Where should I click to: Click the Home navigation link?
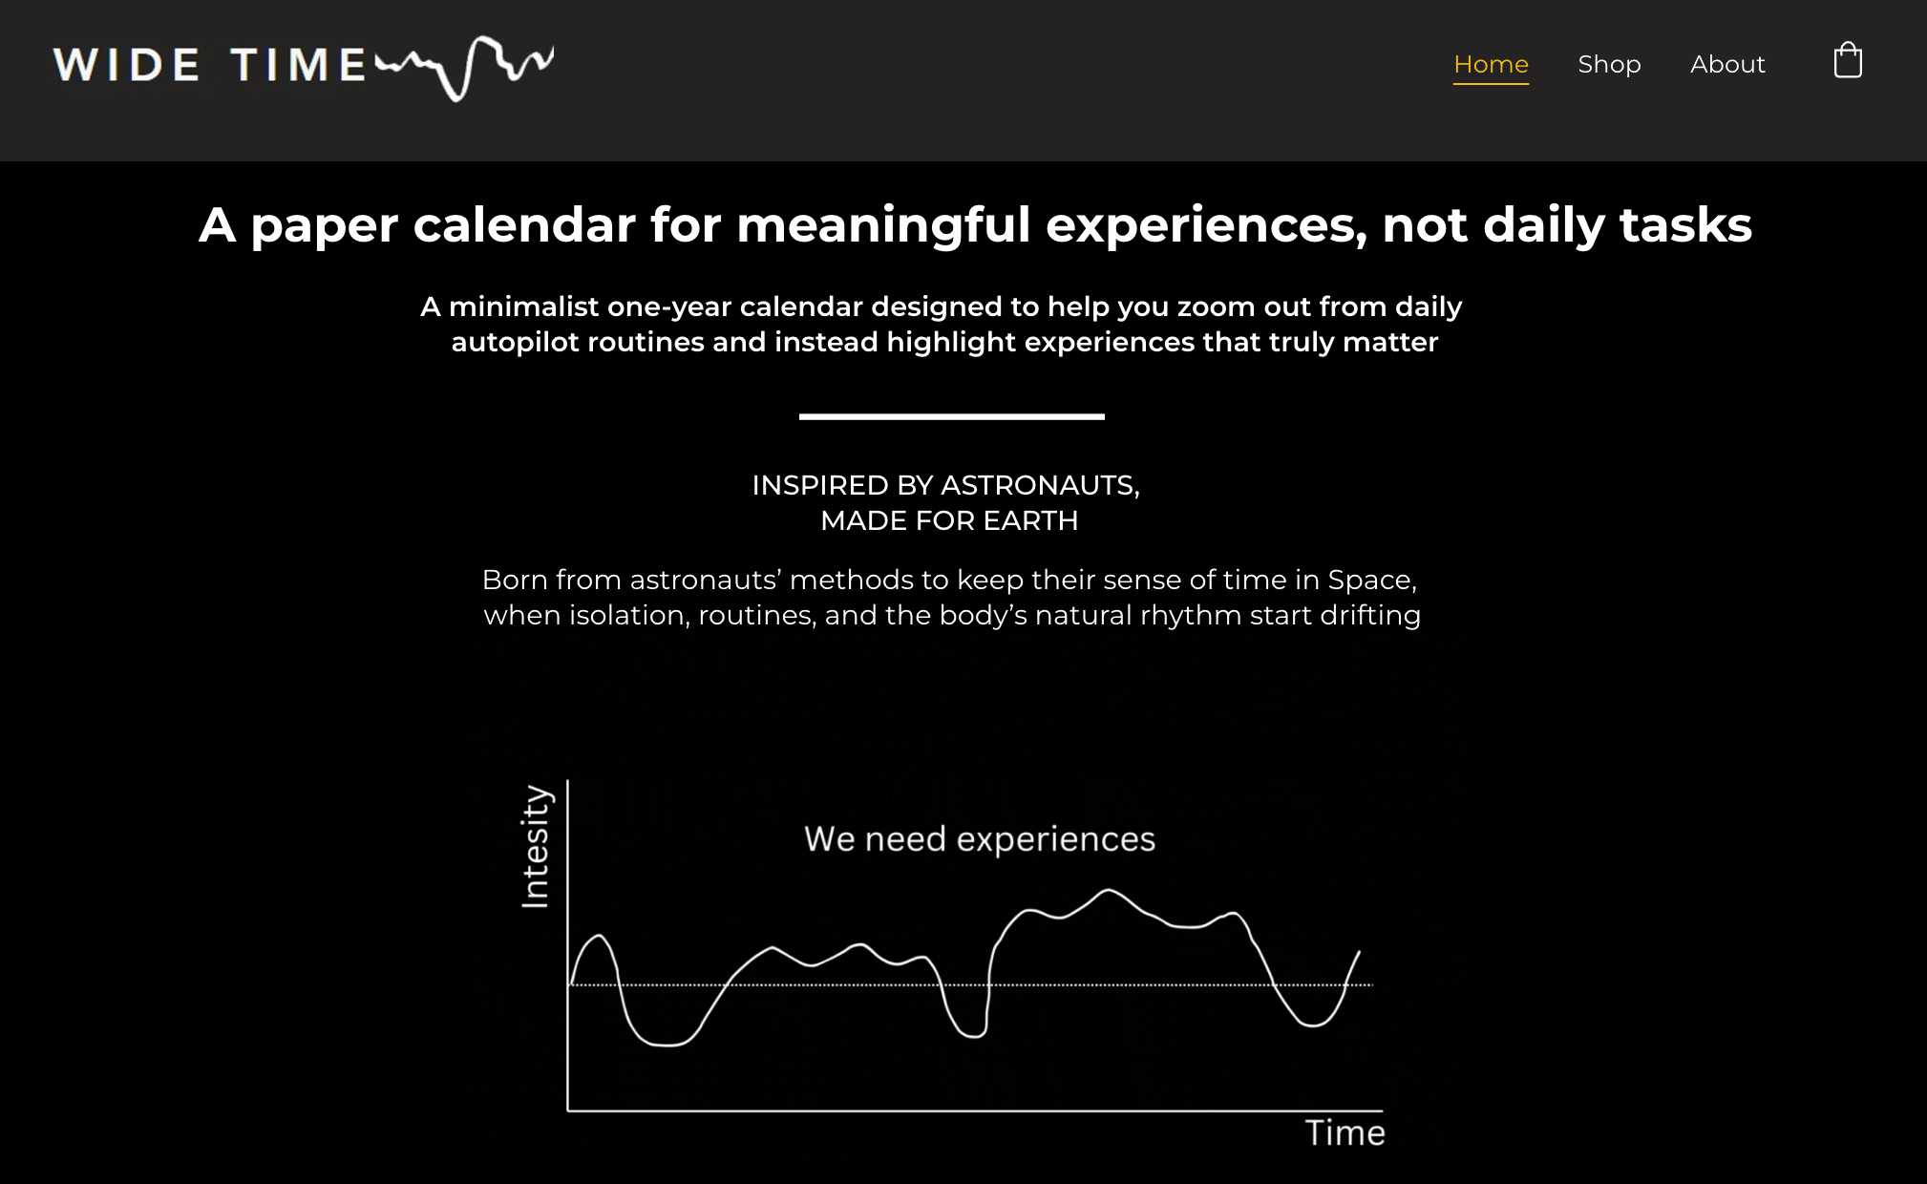click(x=1491, y=64)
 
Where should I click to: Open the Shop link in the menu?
click(x=1609, y=64)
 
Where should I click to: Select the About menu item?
click(x=1727, y=64)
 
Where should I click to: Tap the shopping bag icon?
click(x=1848, y=61)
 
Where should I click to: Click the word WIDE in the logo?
click(x=126, y=65)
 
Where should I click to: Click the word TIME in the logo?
click(x=299, y=65)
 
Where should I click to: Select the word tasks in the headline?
click(x=1685, y=225)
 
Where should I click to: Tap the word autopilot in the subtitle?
click(x=515, y=343)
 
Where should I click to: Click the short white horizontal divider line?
click(x=952, y=416)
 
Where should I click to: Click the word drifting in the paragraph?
click(x=1370, y=615)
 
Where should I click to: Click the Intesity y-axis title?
click(x=536, y=846)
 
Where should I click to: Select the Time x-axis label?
click(x=1345, y=1132)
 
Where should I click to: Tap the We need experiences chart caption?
click(x=980, y=839)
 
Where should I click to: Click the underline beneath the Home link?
click(x=1491, y=84)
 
